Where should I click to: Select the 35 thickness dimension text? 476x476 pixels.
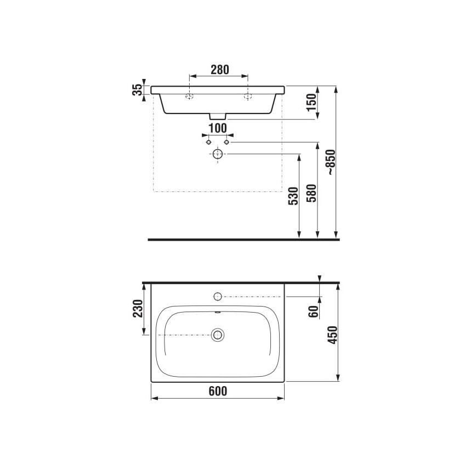[x=138, y=90]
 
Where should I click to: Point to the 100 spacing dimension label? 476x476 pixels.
[x=218, y=128]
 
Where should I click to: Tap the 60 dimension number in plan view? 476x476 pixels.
[x=313, y=311]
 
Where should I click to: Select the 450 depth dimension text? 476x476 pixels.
[x=331, y=335]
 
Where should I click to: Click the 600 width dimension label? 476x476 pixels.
[x=218, y=391]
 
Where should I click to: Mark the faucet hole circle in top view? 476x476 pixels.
[x=218, y=297]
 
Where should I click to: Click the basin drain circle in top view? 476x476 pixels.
[x=218, y=334]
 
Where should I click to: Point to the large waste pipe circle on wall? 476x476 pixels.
[x=218, y=154]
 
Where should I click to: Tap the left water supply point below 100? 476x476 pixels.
[x=208, y=142]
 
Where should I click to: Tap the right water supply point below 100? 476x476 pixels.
[x=226, y=142]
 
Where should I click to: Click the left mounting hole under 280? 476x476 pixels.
[x=189, y=97]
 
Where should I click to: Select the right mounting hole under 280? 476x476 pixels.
[x=247, y=97]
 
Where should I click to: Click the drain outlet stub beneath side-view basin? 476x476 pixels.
[x=218, y=116]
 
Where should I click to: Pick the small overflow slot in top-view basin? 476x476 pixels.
[x=218, y=313]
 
